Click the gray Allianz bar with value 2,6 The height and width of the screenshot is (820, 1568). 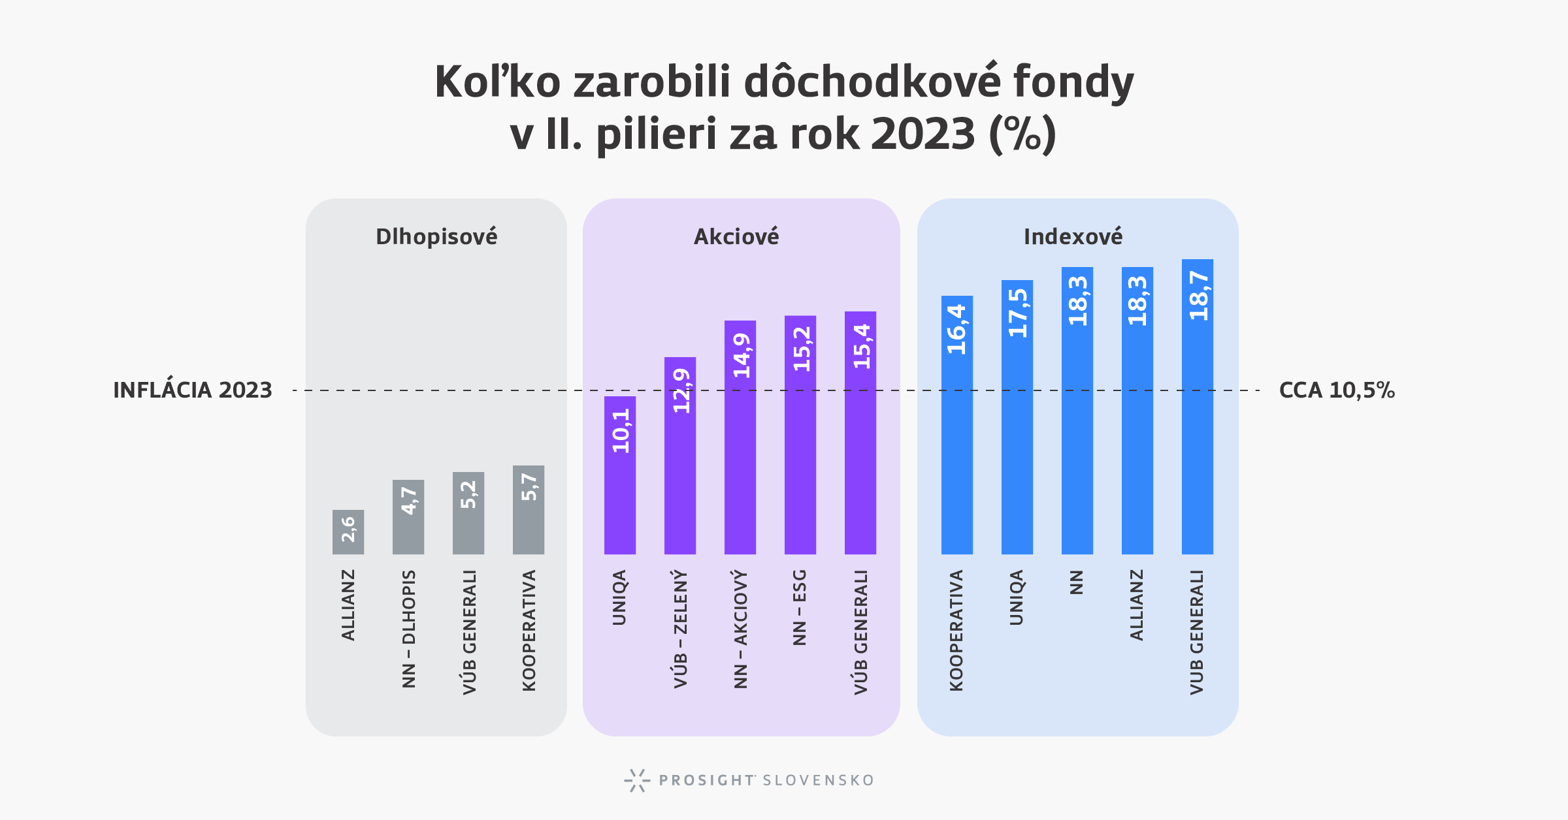click(348, 532)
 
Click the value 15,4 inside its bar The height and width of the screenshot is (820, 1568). click(862, 347)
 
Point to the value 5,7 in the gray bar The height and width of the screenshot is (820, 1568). click(529, 487)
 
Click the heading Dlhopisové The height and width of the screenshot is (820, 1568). click(436, 236)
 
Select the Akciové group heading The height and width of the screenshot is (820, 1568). click(736, 236)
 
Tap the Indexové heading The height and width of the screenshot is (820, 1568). click(1073, 236)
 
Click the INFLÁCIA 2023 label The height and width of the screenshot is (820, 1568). click(193, 390)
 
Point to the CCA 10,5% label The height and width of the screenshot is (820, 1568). click(1337, 390)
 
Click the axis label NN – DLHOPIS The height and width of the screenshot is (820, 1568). click(409, 629)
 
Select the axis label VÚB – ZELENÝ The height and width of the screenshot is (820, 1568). click(681, 629)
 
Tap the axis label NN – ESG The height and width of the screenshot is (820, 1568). click(800, 607)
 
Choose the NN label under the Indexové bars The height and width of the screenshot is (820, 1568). click(1077, 582)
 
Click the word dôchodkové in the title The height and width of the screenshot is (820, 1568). click(872, 82)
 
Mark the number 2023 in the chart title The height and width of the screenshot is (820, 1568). click(923, 134)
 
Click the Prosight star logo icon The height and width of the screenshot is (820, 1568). click(637, 780)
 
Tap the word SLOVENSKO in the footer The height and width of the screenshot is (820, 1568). click(818, 780)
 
